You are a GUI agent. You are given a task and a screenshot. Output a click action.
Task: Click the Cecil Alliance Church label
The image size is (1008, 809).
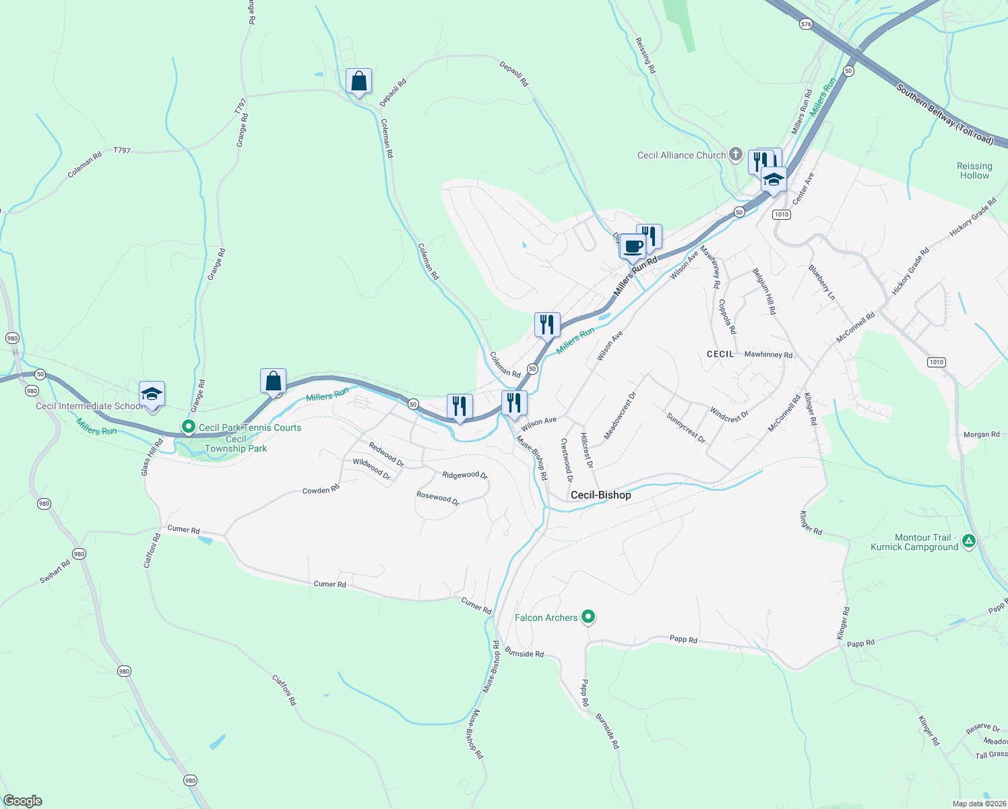pyautogui.click(x=681, y=156)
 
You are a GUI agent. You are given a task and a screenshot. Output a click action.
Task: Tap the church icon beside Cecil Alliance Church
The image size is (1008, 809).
pyautogui.click(x=736, y=154)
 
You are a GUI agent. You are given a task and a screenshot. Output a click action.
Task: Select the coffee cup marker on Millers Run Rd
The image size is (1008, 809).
pyautogui.click(x=633, y=247)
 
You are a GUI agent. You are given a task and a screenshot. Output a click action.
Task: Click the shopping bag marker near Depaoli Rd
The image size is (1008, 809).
pyautogui.click(x=359, y=82)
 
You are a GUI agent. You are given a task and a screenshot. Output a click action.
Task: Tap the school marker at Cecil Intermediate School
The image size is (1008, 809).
pyautogui.click(x=152, y=395)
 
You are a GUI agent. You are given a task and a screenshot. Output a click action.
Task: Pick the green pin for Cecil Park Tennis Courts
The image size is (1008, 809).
pyautogui.click(x=189, y=427)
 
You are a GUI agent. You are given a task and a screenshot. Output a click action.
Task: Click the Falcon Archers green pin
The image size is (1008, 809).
pyautogui.click(x=588, y=616)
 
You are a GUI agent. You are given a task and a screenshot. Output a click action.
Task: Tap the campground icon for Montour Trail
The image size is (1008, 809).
pyautogui.click(x=968, y=541)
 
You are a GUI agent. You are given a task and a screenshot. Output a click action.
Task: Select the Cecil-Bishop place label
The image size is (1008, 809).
pyautogui.click(x=600, y=495)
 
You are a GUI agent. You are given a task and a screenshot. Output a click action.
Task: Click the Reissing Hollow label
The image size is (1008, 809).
pyautogui.click(x=974, y=171)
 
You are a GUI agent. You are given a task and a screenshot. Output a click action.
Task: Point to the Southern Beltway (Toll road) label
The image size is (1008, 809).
pyautogui.click(x=945, y=114)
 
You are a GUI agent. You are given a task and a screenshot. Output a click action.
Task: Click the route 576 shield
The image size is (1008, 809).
pyautogui.click(x=806, y=24)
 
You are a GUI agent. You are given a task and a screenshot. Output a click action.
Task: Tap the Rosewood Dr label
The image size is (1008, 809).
pyautogui.click(x=437, y=498)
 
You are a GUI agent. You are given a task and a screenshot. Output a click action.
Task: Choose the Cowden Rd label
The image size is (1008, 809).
pyautogui.click(x=321, y=490)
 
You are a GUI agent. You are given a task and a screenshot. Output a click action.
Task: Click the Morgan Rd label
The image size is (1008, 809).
pyautogui.click(x=981, y=435)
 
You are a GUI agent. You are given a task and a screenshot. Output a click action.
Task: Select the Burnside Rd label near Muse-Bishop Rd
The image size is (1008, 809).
pyautogui.click(x=524, y=653)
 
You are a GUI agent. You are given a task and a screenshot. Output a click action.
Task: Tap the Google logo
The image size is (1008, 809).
pyautogui.click(x=23, y=801)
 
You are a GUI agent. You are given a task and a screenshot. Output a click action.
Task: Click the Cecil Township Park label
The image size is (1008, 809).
pyautogui.click(x=236, y=444)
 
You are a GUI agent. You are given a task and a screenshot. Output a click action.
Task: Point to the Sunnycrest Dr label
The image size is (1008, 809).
pyautogui.click(x=685, y=428)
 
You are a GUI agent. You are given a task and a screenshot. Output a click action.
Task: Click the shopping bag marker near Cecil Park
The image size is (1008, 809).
pyautogui.click(x=273, y=382)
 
